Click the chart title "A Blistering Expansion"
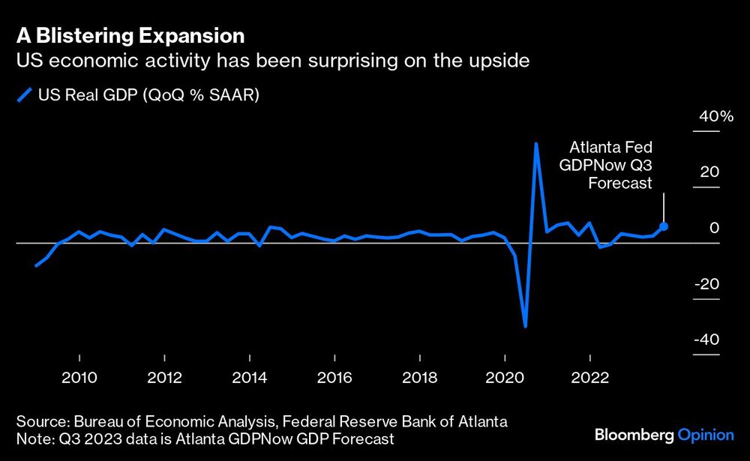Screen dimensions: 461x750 tap(131, 35)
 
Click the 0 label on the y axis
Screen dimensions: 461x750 tap(715, 228)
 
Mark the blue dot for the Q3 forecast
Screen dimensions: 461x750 tap(664, 226)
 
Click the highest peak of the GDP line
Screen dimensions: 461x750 tap(536, 143)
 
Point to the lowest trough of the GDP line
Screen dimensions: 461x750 tap(525, 326)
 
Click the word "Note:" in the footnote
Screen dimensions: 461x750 tap(32, 437)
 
